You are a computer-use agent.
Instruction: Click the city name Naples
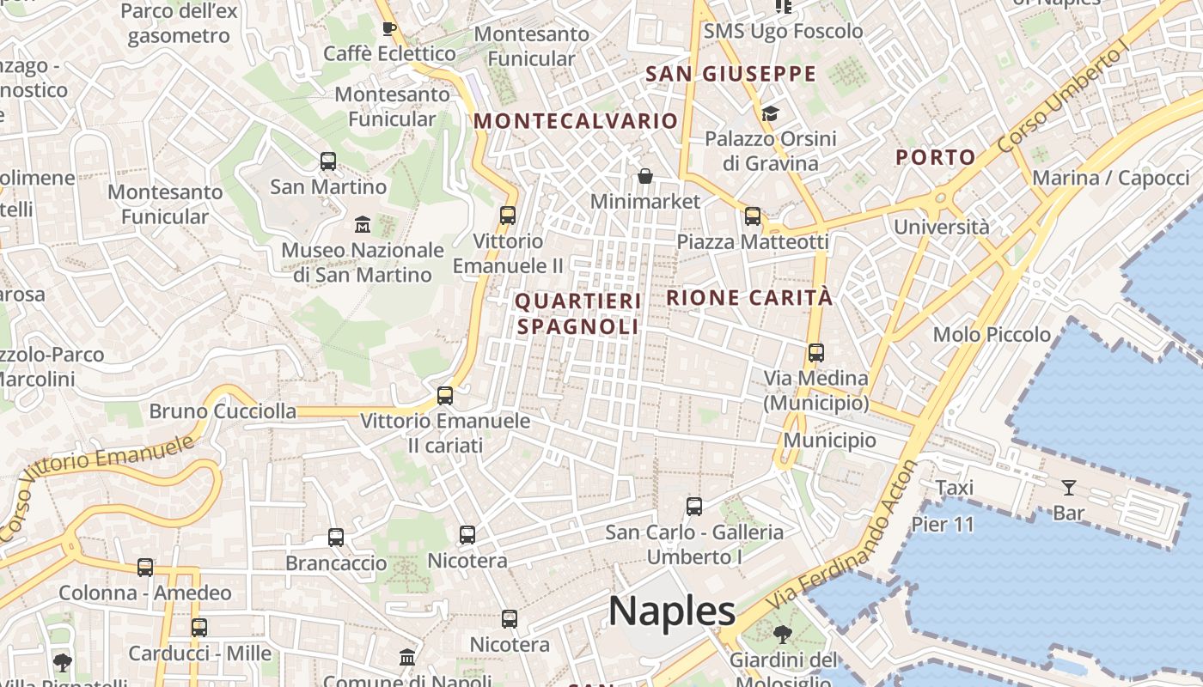tap(672, 611)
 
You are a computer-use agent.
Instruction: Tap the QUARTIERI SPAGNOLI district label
tap(577, 314)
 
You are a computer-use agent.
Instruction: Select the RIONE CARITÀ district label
tap(749, 298)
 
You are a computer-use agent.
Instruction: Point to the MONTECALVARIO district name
tap(576, 121)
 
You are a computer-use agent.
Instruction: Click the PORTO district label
tap(936, 157)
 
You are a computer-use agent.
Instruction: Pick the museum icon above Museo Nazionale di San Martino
tap(363, 225)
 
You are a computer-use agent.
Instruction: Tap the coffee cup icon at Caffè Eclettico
tap(389, 28)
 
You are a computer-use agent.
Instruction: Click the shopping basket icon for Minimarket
tap(645, 177)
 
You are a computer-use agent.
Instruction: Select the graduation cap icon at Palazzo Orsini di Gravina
tap(770, 114)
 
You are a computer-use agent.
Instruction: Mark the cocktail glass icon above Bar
tap(1069, 488)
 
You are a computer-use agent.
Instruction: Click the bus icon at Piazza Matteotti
tap(753, 216)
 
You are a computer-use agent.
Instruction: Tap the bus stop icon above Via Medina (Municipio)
tap(816, 353)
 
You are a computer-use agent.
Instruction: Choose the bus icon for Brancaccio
tap(336, 538)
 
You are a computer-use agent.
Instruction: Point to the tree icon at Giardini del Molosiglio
tap(782, 635)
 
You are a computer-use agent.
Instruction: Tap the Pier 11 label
tap(943, 524)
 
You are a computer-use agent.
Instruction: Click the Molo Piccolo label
tap(992, 334)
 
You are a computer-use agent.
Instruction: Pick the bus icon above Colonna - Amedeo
tap(145, 568)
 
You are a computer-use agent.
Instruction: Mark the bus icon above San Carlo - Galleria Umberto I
tap(694, 507)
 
